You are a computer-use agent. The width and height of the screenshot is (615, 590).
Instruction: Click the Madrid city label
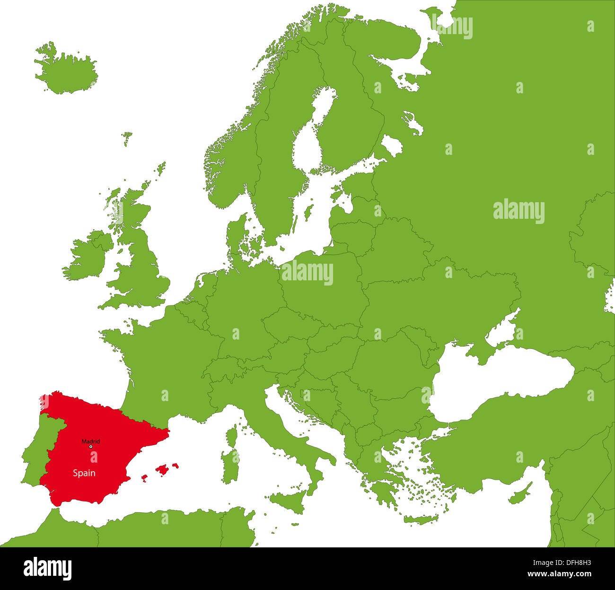tap(90, 441)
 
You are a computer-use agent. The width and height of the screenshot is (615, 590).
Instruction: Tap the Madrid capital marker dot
tap(90, 447)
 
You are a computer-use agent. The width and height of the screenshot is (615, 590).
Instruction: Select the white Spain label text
tap(84, 473)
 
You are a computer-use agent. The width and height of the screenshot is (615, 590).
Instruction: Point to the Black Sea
tap(501, 379)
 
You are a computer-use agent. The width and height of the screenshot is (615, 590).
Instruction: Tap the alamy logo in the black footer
tap(48, 569)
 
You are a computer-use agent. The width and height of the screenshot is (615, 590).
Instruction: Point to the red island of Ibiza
tap(144, 478)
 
